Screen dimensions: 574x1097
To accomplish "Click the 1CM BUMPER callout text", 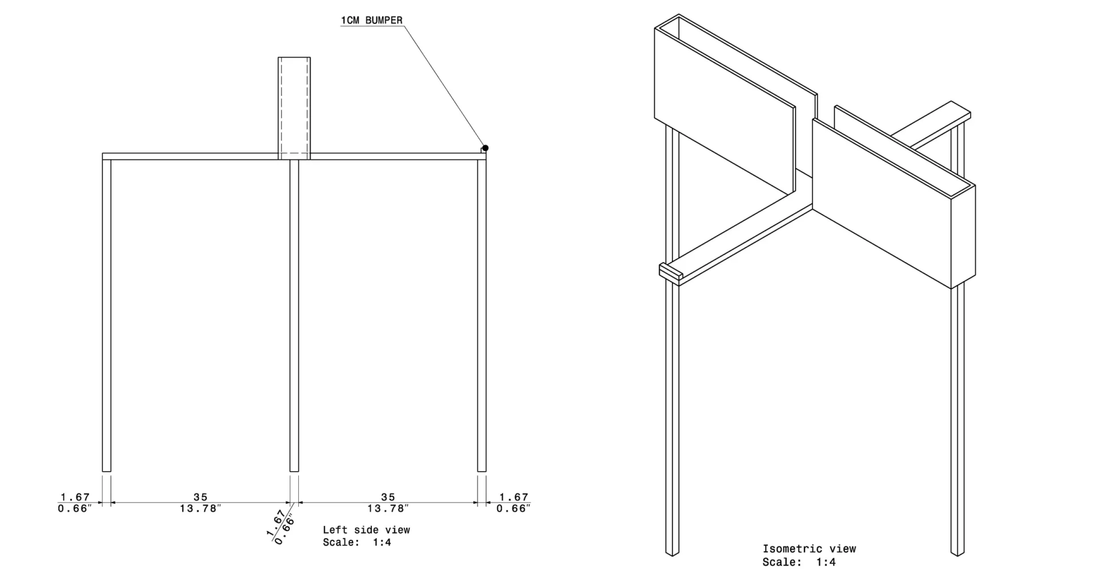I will pos(371,21).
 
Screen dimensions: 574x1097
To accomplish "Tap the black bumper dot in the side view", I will pos(485,148).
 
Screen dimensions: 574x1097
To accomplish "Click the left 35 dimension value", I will pos(200,497).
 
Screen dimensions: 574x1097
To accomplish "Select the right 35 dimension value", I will pos(388,497).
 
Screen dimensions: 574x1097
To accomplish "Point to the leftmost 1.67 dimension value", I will pos(75,497).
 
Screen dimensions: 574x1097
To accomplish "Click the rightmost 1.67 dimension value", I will pos(514,497).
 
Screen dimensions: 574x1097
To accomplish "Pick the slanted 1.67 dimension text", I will pos(276,524).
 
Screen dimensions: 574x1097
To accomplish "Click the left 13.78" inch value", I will pos(200,508).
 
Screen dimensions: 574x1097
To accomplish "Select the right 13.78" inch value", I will pos(388,508).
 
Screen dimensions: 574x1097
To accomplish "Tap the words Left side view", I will pos(366,530).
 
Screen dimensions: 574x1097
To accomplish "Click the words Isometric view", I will pos(809,549).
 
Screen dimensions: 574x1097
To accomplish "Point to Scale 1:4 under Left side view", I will pos(357,542).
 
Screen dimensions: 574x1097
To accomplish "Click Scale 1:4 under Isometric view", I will pos(799,562).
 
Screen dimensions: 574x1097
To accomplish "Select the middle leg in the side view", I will pos(294,314).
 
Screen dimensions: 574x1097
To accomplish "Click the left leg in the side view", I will pos(106,314).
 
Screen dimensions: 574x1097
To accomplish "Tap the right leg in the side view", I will pos(482,314).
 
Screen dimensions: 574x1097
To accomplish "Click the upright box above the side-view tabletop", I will pos(294,106).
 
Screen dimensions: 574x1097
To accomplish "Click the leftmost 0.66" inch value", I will pos(74,508).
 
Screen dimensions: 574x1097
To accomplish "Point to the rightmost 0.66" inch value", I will pos(513,508).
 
